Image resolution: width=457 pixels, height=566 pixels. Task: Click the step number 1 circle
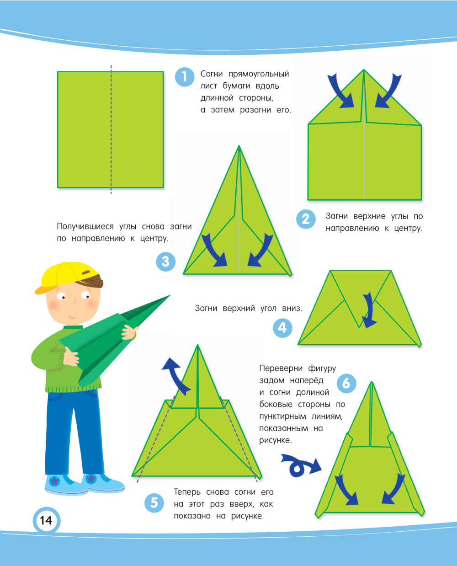tap(185, 77)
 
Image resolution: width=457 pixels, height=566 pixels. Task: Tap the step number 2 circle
tap(306, 219)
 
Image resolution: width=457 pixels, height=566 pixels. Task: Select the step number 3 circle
tap(166, 262)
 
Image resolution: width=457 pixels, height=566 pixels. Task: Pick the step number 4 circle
tap(282, 328)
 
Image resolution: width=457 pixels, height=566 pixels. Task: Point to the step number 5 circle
tap(154, 503)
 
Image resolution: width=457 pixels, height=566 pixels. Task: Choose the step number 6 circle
tap(346, 384)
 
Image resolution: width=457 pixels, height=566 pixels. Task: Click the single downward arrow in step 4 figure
tap(369, 310)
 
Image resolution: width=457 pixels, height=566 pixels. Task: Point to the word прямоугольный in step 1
tap(259, 74)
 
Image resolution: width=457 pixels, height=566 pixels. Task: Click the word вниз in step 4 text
tap(292, 308)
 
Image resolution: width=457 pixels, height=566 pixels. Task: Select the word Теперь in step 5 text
tap(187, 492)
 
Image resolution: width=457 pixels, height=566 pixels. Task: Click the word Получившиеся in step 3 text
tap(85, 227)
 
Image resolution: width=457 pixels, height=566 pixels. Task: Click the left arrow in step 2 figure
tap(340, 91)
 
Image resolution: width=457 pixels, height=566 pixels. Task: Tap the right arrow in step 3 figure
tap(260, 250)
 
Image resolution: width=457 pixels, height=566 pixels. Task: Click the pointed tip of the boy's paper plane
tap(170, 295)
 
